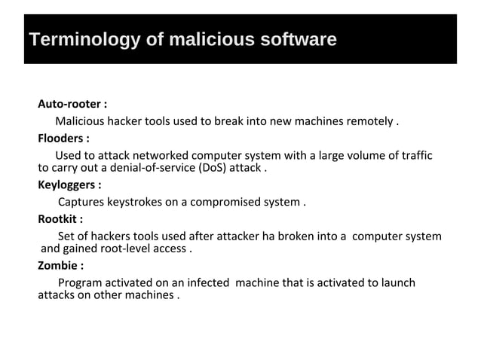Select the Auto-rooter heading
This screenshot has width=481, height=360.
pos(72,104)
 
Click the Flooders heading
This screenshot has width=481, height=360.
pos(63,139)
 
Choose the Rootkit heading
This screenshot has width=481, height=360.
pos(60,220)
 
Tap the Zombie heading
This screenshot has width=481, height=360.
pos(60,265)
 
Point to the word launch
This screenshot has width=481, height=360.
pos(397,282)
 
